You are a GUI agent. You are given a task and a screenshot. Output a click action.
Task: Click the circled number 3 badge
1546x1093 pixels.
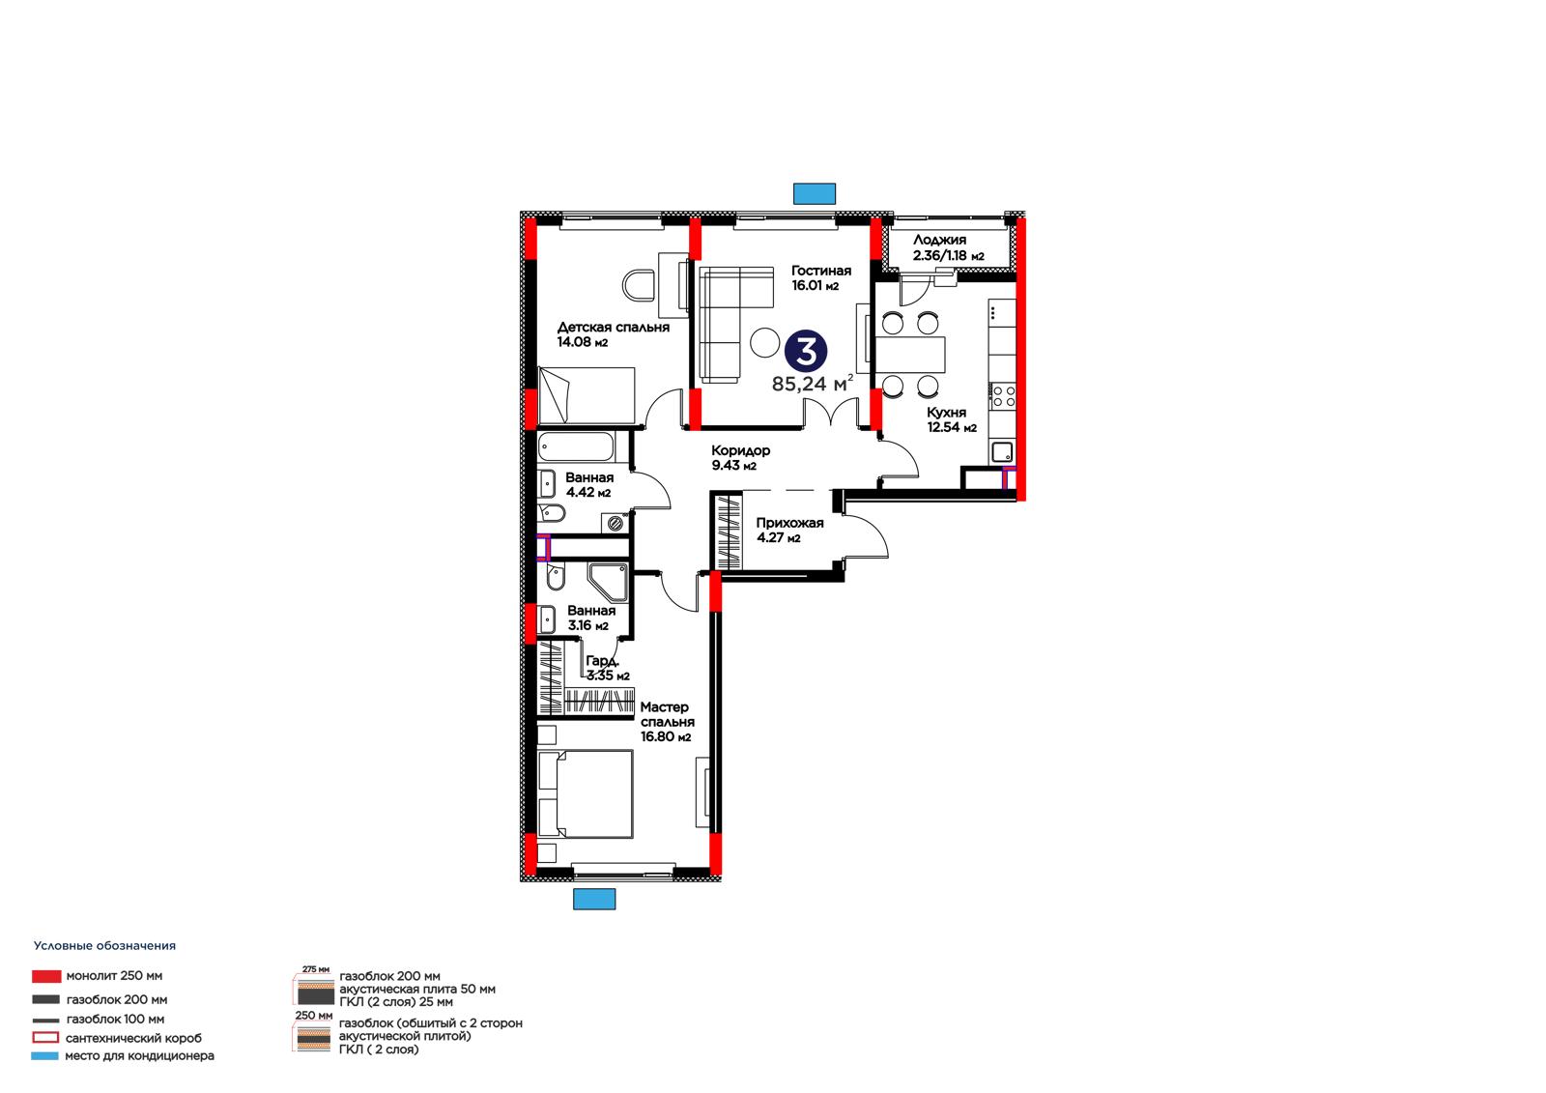click(806, 352)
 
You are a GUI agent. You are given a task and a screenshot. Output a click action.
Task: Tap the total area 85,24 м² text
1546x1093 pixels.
click(813, 384)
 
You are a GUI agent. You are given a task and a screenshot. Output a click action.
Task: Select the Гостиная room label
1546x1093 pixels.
click(820, 271)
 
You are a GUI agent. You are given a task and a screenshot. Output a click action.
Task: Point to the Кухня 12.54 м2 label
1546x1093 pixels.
click(951, 419)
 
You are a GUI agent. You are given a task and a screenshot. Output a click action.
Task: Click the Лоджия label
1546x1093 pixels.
click(939, 241)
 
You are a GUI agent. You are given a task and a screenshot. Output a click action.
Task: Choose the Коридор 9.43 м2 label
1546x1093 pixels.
click(740, 458)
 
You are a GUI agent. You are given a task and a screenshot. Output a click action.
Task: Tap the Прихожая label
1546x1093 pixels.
click(789, 523)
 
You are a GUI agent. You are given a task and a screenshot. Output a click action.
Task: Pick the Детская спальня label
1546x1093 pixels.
click(613, 328)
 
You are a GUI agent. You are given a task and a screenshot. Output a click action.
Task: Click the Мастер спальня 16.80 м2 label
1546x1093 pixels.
click(667, 722)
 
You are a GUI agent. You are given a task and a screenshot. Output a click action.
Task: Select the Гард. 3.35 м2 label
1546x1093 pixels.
click(608, 669)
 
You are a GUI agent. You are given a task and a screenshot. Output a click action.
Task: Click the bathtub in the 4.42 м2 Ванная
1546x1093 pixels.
click(576, 446)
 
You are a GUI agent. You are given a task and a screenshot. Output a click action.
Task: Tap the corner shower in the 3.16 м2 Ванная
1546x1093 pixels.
click(608, 582)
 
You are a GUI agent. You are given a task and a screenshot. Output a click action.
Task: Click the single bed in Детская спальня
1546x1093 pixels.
click(586, 395)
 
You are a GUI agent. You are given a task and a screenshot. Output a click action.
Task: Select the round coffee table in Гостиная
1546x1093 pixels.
click(764, 342)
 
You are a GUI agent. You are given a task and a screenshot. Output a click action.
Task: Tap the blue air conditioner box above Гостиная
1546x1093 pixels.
click(815, 193)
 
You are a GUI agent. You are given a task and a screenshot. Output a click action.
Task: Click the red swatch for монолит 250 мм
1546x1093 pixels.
click(46, 976)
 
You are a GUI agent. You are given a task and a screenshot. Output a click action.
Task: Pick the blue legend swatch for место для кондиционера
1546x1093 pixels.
click(44, 1055)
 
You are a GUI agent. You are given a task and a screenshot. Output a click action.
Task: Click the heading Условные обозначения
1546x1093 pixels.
click(105, 946)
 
